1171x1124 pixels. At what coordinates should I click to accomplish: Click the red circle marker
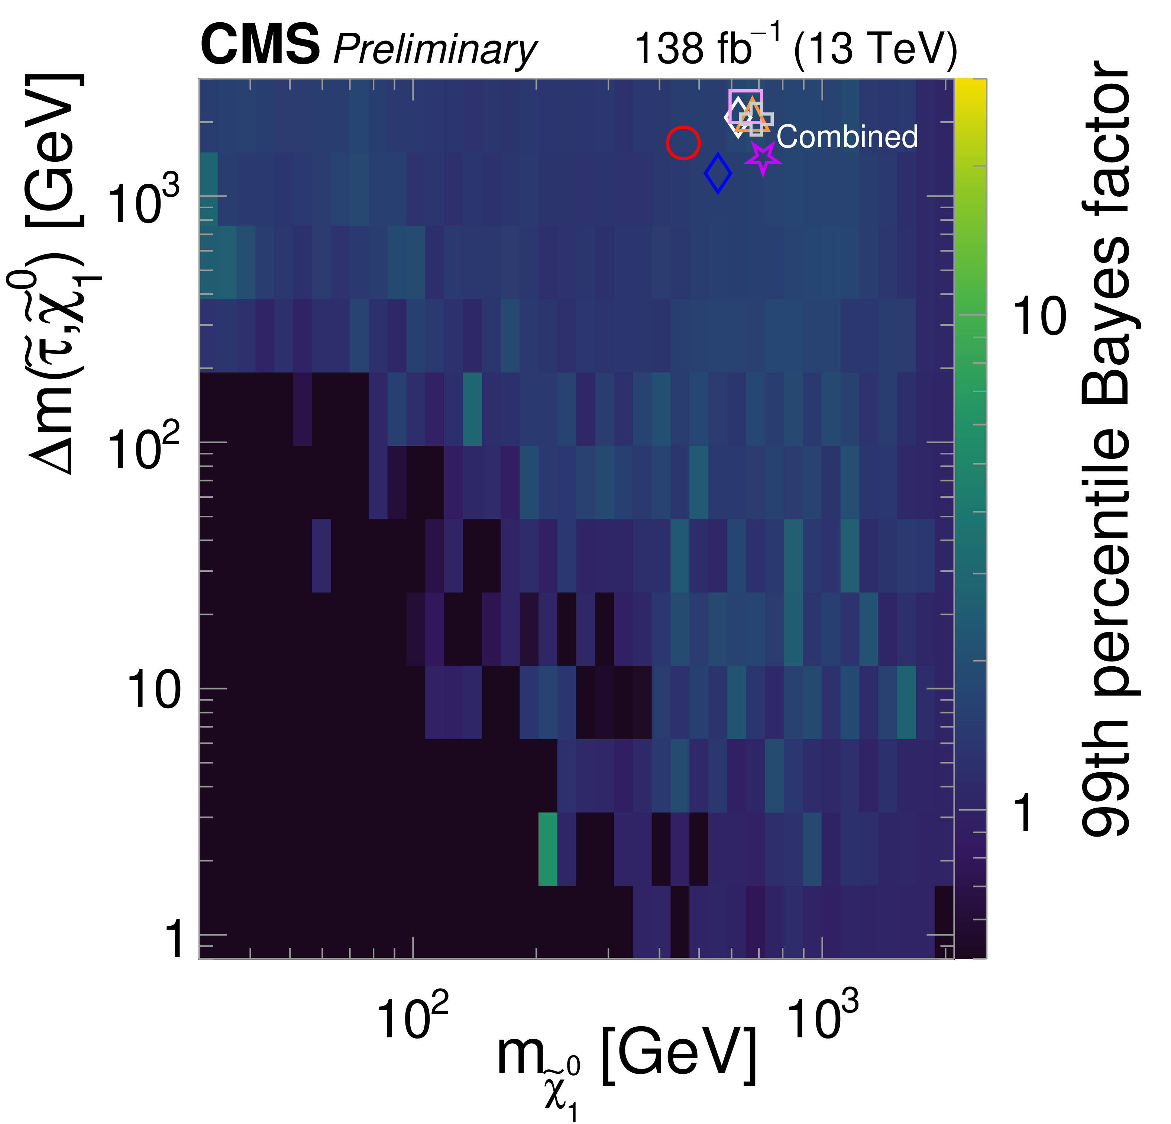[x=683, y=143]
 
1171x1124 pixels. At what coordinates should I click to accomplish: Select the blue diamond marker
[x=718, y=173]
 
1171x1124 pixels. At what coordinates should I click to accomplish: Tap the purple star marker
[x=763, y=158]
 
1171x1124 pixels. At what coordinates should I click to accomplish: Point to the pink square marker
[x=745, y=106]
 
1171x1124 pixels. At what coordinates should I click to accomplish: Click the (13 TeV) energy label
[x=875, y=49]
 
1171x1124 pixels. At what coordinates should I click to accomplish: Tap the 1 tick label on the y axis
[x=173, y=939]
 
